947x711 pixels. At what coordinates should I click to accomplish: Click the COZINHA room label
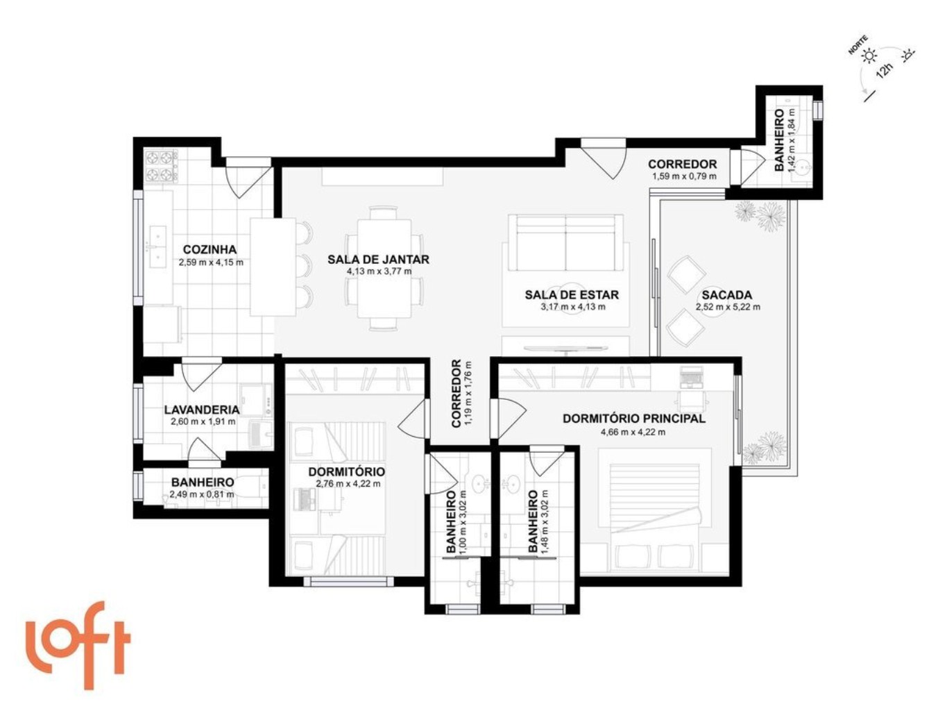tap(210, 249)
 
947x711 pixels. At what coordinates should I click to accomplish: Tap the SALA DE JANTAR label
tap(378, 260)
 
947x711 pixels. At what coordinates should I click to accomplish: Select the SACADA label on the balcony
tap(726, 295)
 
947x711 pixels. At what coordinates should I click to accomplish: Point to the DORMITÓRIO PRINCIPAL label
tap(634, 418)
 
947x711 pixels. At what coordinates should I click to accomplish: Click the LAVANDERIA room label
tap(202, 410)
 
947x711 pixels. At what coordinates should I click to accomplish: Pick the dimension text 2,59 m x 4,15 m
tap(211, 262)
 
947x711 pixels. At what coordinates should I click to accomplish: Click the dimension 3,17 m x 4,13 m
tap(573, 307)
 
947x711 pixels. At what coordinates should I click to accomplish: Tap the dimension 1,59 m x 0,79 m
tap(684, 176)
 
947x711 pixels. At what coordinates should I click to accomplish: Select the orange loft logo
tap(78, 644)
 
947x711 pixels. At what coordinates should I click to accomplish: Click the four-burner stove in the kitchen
tap(161, 166)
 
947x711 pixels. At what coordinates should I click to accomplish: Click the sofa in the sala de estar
tap(567, 244)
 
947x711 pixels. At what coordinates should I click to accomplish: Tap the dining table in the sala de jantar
tap(384, 267)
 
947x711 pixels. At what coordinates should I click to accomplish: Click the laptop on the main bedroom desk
tap(692, 377)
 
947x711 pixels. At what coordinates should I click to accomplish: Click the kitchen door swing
tap(249, 178)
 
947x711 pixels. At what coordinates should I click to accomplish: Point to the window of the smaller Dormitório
tap(348, 581)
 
